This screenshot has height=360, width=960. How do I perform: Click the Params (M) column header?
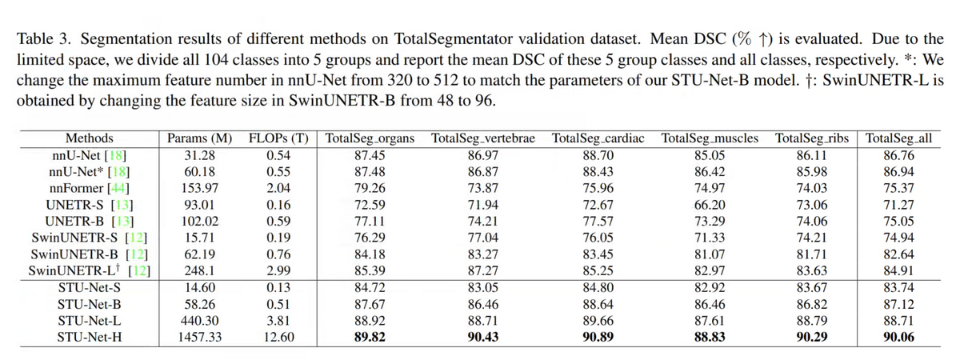point(199,138)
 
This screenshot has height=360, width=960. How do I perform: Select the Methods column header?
point(89,138)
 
